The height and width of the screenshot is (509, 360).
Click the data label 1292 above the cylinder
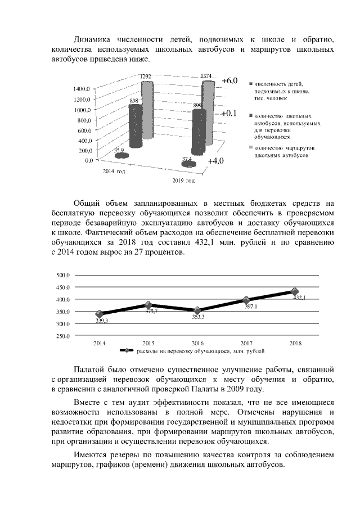(146, 76)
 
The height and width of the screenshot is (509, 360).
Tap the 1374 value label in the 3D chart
(206, 75)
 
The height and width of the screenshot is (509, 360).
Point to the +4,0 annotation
(215, 161)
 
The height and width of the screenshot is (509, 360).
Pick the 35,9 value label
(119, 150)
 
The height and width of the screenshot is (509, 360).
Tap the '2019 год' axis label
(183, 181)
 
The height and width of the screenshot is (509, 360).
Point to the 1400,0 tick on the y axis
(82, 89)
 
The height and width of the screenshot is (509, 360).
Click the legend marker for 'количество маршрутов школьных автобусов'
(250, 148)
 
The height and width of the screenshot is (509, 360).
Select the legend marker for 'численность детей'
(250, 84)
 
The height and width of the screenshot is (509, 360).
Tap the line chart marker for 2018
(295, 291)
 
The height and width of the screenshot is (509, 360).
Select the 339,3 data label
(102, 320)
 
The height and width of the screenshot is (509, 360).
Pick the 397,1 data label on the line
(250, 307)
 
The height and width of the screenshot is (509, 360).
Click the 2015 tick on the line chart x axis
(148, 343)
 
